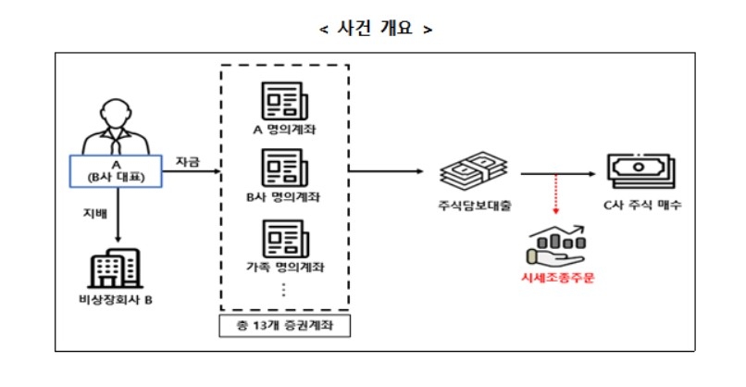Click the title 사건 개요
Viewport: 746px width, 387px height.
pos(375,28)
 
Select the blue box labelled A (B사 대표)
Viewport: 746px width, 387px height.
pos(117,169)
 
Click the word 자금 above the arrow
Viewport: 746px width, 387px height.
pos(189,161)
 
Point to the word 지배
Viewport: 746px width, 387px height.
pos(94,214)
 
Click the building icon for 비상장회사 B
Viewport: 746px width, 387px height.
pos(116,269)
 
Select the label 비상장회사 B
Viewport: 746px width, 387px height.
pos(116,302)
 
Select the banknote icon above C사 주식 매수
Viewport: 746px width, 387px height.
pos(640,172)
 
